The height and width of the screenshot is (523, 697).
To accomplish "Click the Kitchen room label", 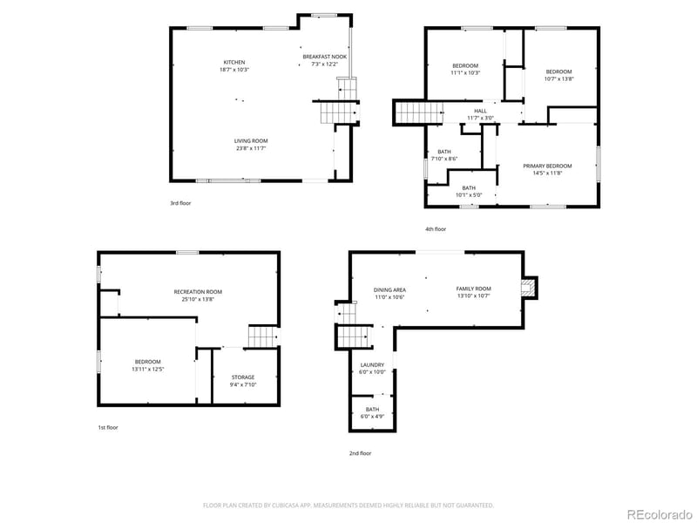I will (234, 62).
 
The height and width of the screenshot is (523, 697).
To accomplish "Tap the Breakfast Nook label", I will (325, 57).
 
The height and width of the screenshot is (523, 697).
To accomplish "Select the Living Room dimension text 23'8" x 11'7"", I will (250, 148).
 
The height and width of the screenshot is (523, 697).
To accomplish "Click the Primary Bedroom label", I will (547, 166).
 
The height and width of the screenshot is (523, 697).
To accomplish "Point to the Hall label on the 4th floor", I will (480, 111).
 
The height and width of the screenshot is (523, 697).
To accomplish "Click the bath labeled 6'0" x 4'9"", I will (372, 413).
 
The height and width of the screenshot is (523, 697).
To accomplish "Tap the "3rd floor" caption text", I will (180, 203).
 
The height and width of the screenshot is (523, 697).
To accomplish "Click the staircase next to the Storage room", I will (263, 336).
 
